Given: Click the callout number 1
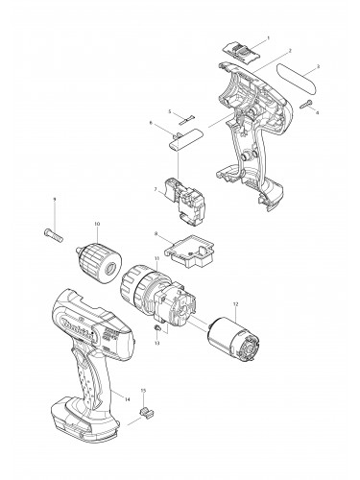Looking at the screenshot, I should (267, 37).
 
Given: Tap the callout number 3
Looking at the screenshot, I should (317, 66).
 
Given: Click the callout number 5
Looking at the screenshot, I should (169, 112).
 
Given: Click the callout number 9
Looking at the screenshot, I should (55, 199).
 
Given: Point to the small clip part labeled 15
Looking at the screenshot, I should (146, 413).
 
